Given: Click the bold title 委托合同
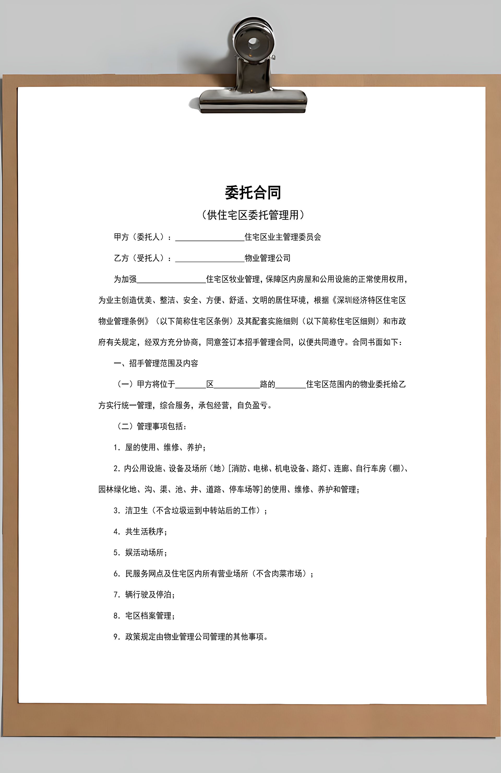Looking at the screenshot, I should [253, 193].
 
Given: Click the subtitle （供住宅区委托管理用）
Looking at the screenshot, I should [253, 215].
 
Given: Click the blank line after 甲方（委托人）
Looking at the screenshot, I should [210, 238].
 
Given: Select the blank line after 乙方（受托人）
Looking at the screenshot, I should [210, 259].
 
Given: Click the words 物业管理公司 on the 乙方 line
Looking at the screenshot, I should [267, 258].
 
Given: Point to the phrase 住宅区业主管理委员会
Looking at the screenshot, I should [283, 237].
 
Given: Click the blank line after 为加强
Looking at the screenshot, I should [171, 280].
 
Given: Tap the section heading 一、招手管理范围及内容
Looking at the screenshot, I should [156, 363].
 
